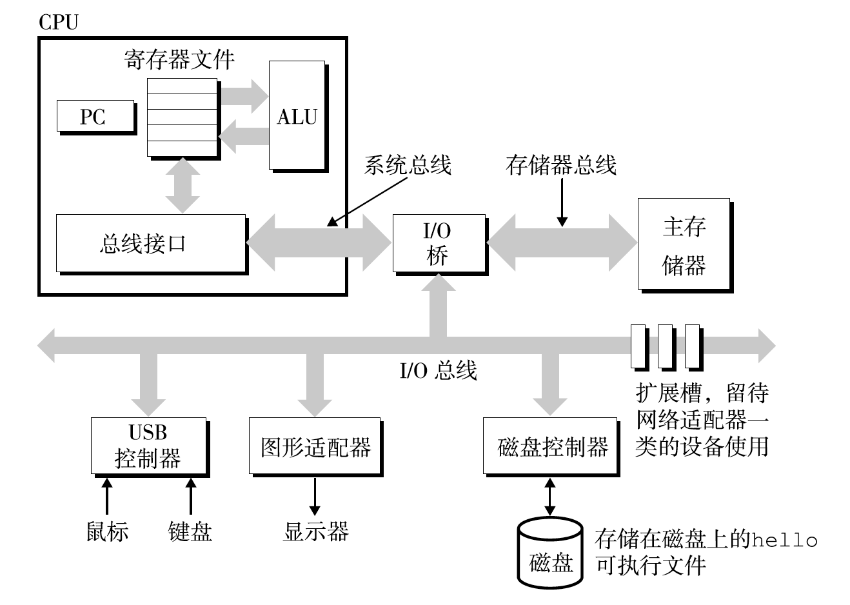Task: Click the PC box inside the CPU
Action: click(x=95, y=117)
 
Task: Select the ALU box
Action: click(x=297, y=116)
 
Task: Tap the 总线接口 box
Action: click(x=150, y=243)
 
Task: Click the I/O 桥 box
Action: click(x=439, y=243)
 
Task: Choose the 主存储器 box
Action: click(x=684, y=244)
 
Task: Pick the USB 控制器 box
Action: click(x=148, y=446)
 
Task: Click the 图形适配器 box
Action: click(x=315, y=446)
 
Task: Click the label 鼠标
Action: click(x=107, y=531)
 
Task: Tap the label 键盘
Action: click(x=190, y=531)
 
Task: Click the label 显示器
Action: click(x=315, y=531)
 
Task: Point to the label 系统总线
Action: click(x=407, y=165)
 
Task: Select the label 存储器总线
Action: click(x=560, y=165)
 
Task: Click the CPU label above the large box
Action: click(x=58, y=23)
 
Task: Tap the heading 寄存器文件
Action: click(x=179, y=60)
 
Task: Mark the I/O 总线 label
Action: click(x=438, y=371)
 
